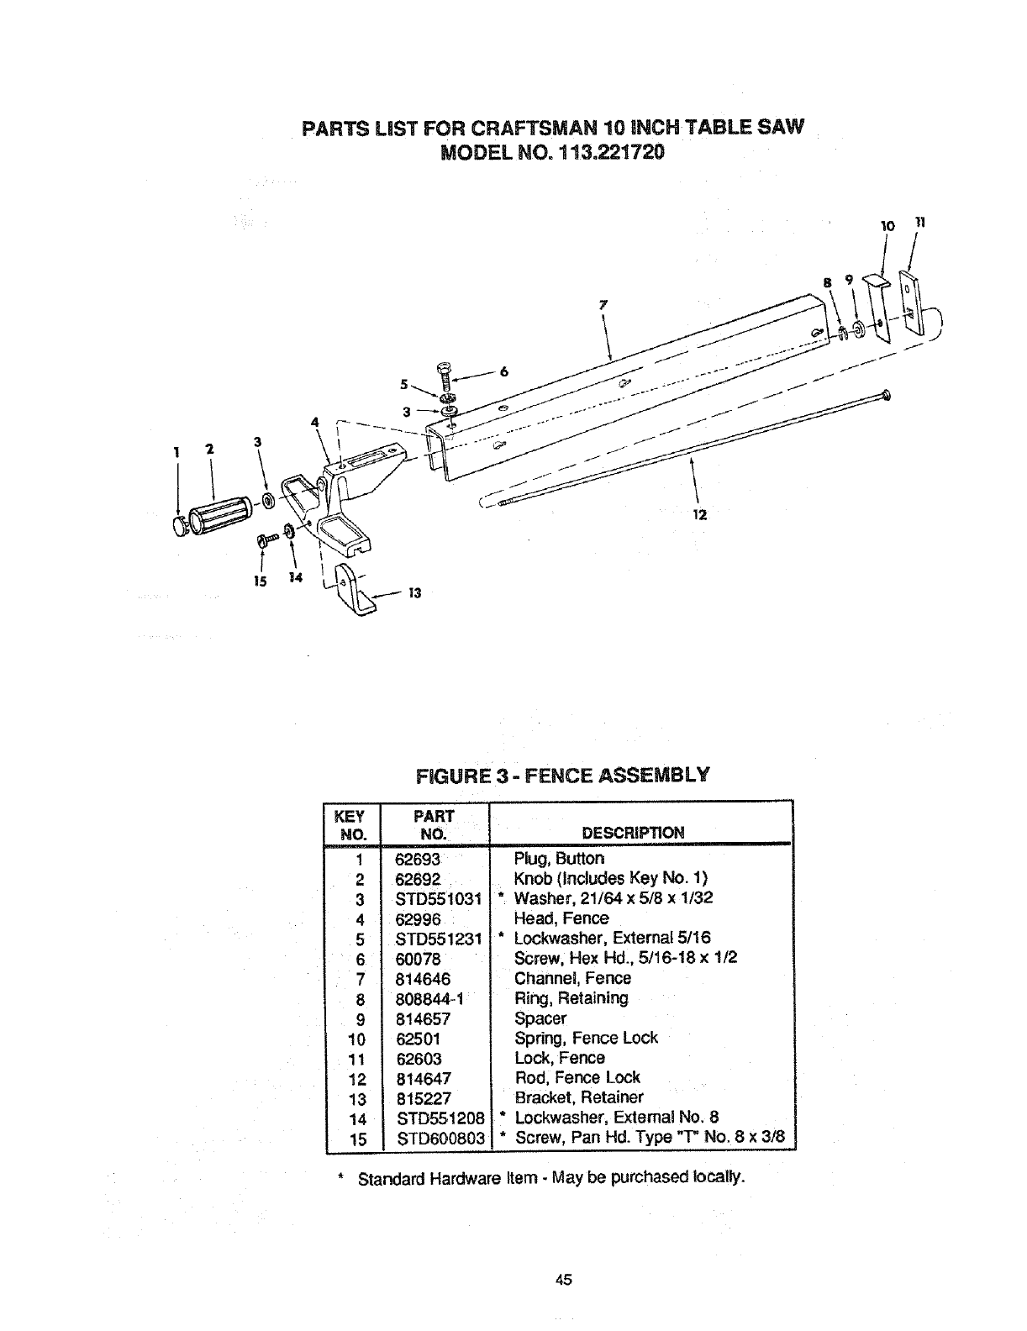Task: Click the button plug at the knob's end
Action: tap(180, 527)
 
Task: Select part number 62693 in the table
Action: tap(418, 859)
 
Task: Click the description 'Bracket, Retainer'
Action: tap(578, 1097)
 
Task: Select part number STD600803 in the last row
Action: tap(440, 1139)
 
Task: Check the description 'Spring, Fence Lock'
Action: tap(586, 1038)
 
